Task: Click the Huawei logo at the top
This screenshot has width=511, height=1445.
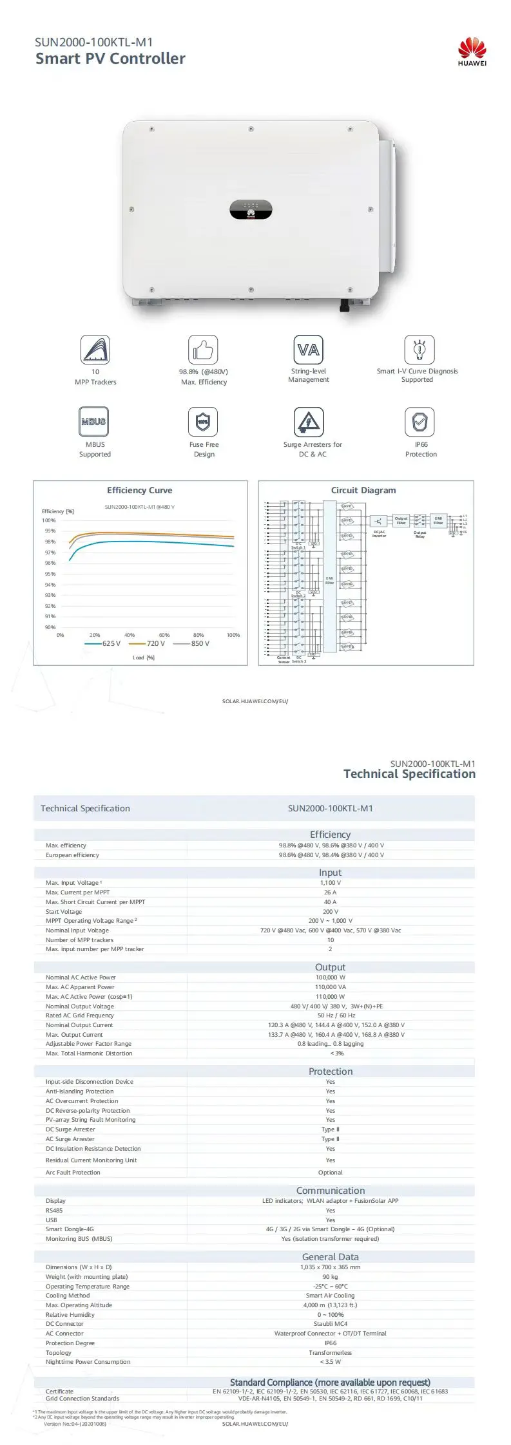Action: point(472,51)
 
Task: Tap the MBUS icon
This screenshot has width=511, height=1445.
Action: point(93,422)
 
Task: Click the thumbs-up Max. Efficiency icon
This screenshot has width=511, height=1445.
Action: point(203,350)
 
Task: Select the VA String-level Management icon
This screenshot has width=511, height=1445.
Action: point(308,350)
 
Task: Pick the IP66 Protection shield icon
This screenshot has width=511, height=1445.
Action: point(419,422)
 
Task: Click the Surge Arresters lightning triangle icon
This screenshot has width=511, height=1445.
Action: point(308,422)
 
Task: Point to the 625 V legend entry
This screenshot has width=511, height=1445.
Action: point(103,643)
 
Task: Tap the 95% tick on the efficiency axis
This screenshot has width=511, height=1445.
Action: point(50,574)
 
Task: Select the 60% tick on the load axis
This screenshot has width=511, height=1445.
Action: point(164,635)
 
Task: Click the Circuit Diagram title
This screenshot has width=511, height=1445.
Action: point(363,490)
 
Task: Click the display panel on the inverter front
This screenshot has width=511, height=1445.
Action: point(251,210)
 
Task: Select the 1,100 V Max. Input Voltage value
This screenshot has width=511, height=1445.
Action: point(331,883)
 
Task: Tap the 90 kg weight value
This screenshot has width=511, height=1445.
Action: point(330,1277)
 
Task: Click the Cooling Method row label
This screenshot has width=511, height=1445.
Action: point(68,1296)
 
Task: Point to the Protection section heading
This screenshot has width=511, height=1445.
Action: point(331,1072)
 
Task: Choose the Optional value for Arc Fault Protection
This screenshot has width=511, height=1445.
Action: point(331,1173)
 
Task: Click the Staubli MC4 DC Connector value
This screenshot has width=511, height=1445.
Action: point(331,1324)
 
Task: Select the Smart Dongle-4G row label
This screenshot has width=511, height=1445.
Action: point(70,1229)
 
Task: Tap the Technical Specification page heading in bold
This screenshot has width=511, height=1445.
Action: point(409,774)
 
